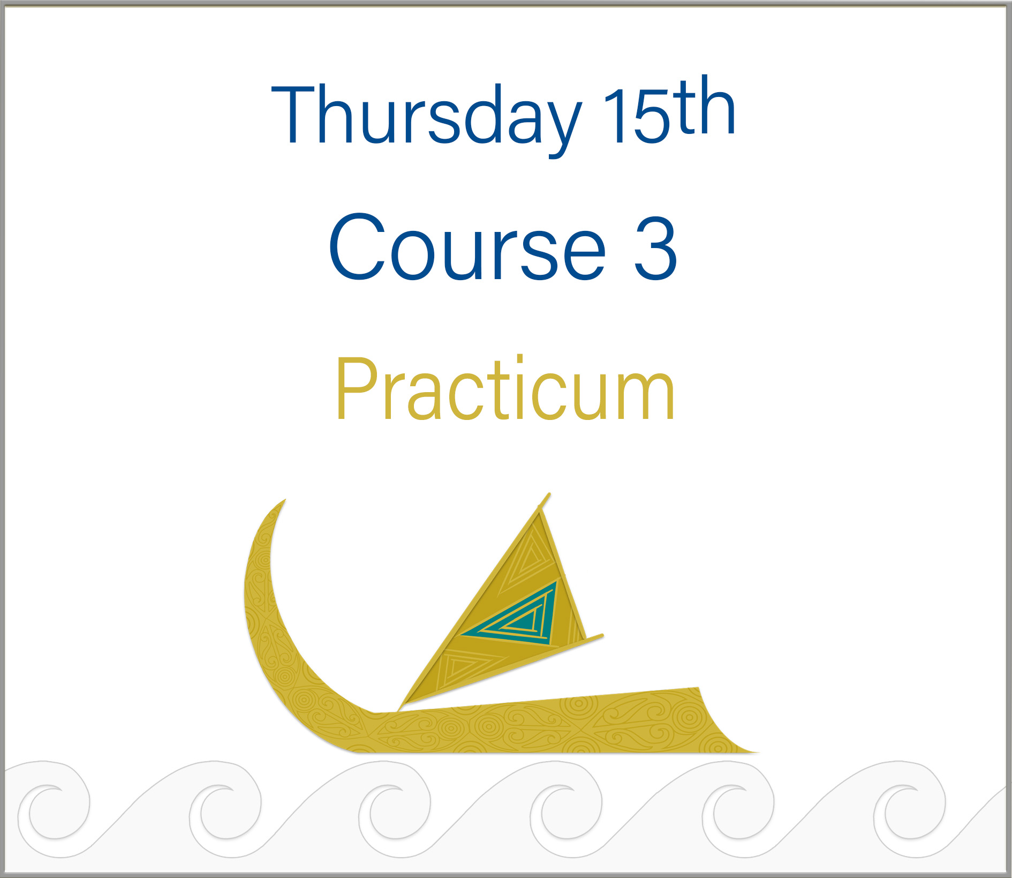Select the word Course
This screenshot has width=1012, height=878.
[467, 247]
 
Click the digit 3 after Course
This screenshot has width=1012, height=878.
[655, 247]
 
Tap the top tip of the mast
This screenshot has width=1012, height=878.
[549, 494]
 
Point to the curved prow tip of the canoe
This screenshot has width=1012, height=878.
[284, 500]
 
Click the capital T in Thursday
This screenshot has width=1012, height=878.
[293, 114]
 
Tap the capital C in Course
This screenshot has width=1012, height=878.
[358, 247]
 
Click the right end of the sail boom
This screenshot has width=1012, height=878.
[602, 636]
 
